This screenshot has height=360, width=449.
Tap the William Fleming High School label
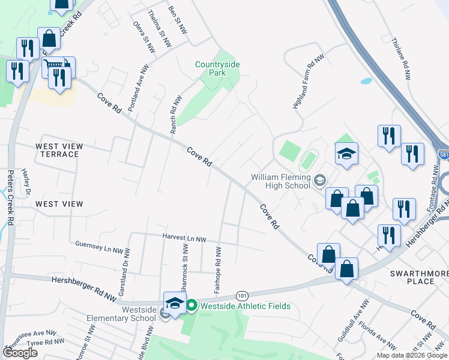point(280,181)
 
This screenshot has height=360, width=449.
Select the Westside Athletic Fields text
point(245,306)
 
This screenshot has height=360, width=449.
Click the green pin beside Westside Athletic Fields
point(191,306)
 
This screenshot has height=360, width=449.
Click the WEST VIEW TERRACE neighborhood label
point(57,150)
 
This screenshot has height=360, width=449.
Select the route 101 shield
point(242,296)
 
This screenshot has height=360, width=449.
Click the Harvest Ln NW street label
point(184,239)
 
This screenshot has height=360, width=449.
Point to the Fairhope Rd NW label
point(218,271)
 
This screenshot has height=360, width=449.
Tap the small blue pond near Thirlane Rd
point(366,80)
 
